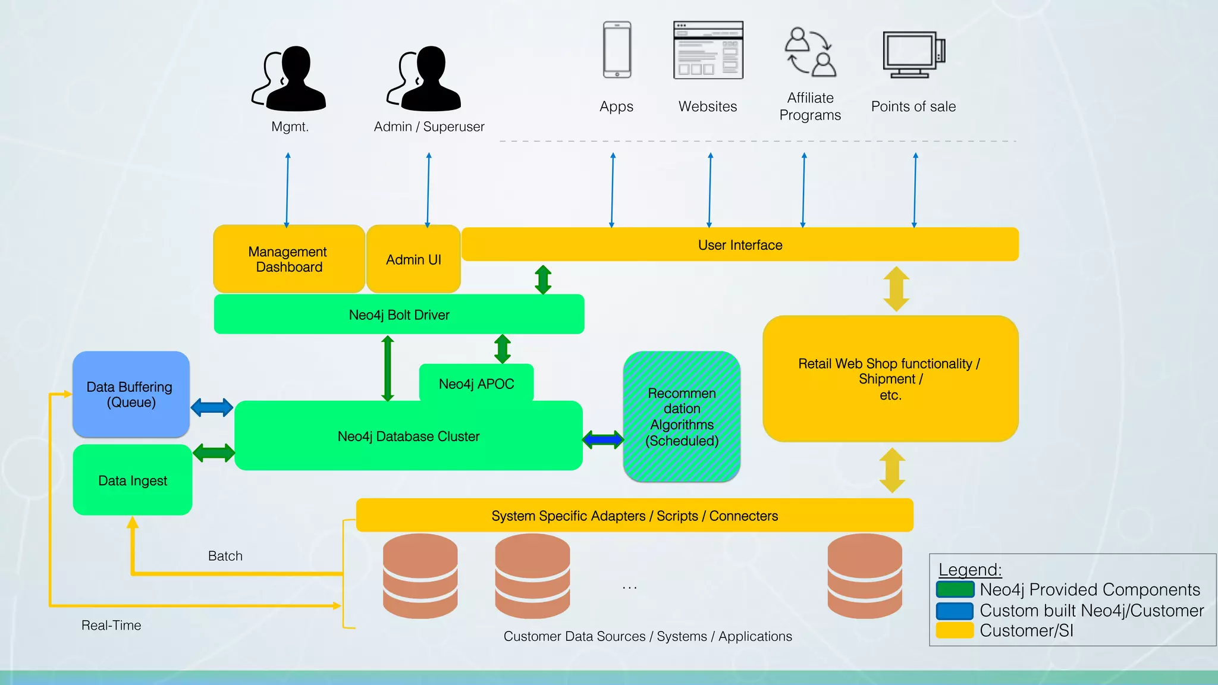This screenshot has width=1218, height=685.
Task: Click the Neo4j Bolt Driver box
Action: (398, 315)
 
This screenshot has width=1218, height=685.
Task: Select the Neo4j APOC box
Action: (476, 384)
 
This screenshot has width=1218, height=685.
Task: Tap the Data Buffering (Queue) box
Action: (131, 394)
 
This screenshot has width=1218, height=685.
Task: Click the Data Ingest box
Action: (132, 480)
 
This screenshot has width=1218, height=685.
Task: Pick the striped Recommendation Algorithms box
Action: (682, 417)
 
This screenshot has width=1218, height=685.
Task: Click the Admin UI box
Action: (413, 259)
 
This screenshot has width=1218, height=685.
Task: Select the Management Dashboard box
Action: (288, 259)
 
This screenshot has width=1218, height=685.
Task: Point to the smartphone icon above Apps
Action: (617, 50)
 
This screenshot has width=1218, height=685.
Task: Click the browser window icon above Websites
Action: (708, 50)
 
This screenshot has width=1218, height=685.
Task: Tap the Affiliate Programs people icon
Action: (810, 52)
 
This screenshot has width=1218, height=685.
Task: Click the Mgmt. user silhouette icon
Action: (290, 78)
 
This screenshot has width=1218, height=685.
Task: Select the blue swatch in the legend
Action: (954, 611)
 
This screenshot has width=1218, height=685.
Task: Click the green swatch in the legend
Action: (954, 589)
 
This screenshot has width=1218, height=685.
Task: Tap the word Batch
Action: (225, 556)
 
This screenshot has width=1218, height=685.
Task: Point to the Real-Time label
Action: (111, 625)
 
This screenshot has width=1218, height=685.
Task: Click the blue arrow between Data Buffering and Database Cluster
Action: (212, 407)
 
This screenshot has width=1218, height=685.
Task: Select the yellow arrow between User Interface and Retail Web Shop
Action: (896, 289)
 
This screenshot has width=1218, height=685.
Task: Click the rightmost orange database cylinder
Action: (864, 576)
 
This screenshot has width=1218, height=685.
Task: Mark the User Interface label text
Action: (740, 245)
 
